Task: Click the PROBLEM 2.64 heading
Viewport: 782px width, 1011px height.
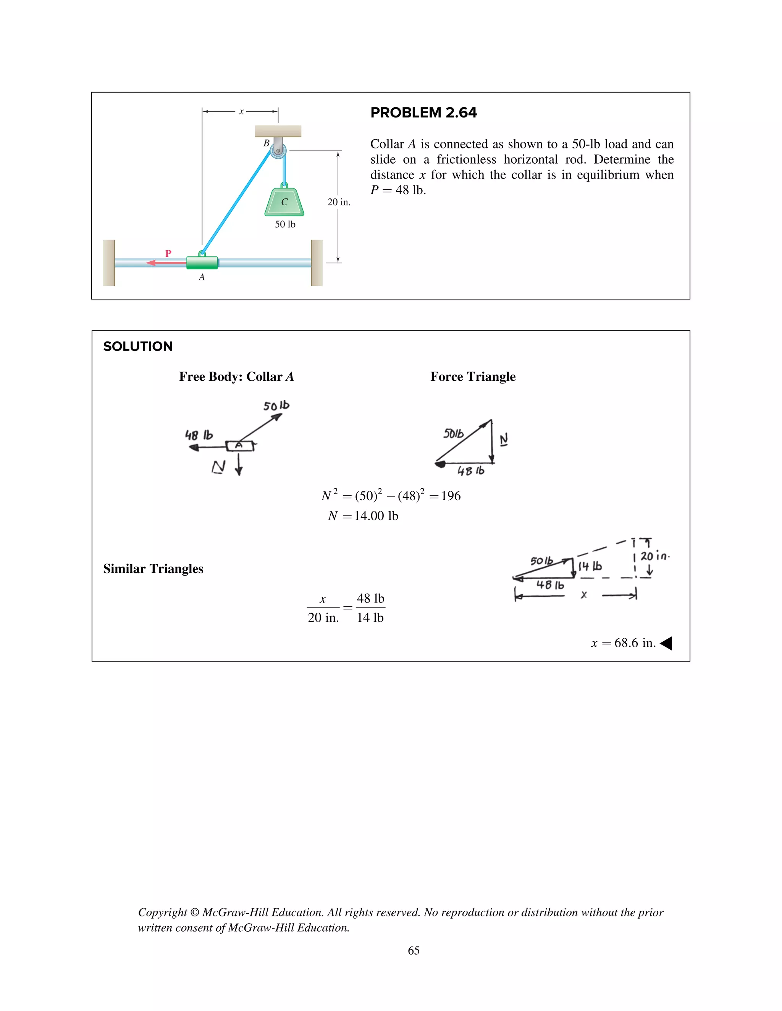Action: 423,113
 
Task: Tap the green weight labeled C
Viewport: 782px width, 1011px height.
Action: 284,202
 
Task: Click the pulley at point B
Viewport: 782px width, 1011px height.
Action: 278,150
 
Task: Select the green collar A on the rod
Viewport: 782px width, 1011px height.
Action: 202,263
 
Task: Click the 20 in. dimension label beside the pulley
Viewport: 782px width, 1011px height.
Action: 339,202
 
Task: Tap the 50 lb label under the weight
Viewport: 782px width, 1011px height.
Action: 285,224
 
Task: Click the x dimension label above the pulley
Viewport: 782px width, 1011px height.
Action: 241,111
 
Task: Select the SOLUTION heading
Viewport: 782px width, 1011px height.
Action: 138,346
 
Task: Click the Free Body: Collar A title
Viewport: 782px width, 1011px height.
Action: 236,377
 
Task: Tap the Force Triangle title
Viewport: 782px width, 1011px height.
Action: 473,377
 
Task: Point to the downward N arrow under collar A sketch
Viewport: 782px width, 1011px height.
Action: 239,464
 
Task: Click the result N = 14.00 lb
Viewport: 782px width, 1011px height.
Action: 363,516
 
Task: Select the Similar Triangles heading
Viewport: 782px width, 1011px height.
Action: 153,569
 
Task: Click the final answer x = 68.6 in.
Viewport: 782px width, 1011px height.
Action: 623,643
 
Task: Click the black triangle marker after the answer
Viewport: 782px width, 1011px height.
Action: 666,643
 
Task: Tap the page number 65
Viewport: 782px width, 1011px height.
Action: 414,950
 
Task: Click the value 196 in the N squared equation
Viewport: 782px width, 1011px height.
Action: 451,496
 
